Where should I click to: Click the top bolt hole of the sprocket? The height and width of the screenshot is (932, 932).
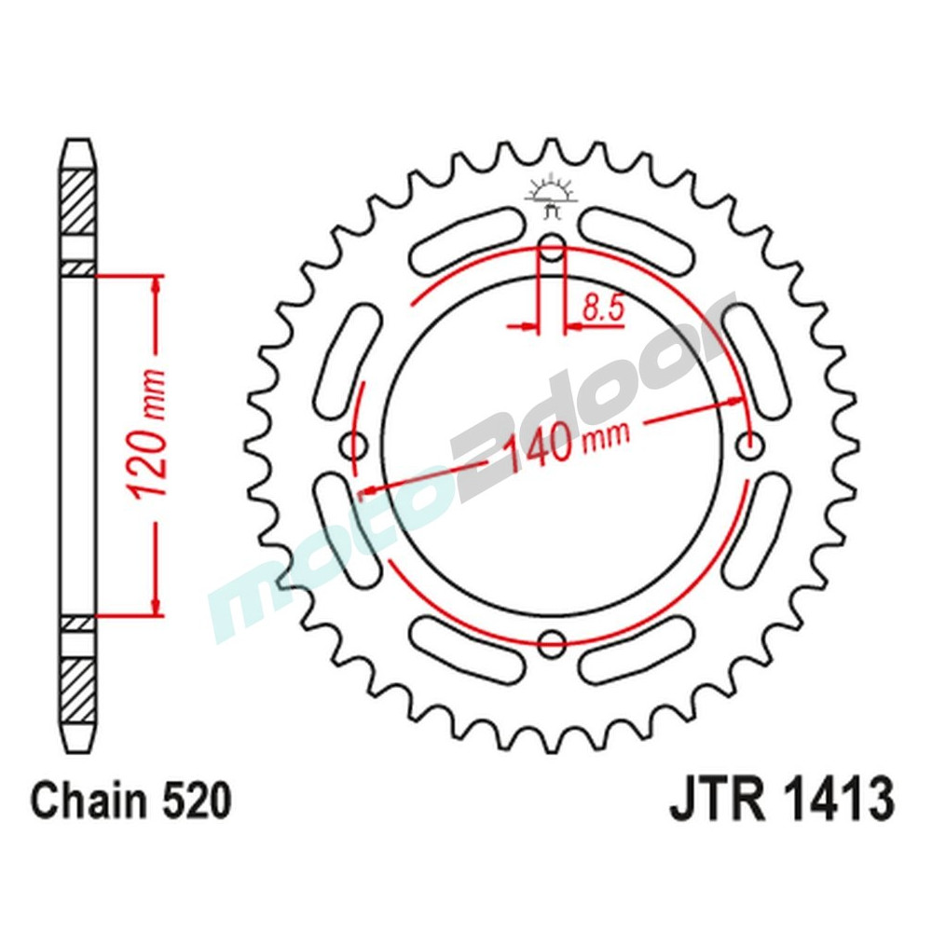[x=553, y=249]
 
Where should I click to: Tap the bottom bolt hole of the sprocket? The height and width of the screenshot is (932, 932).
[x=554, y=639]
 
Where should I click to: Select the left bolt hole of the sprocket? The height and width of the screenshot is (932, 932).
[x=356, y=446]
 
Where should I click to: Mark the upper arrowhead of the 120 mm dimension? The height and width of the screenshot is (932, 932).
[x=157, y=284]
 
